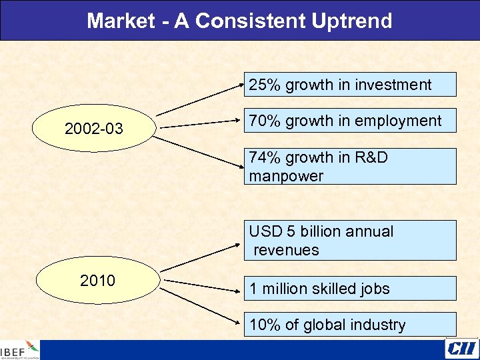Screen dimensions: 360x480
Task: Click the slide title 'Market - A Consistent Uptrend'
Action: pos(239,21)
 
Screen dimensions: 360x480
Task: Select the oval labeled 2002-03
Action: pos(94,128)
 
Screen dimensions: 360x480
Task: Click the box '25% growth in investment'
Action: pos(350,85)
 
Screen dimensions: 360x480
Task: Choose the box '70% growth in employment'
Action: pos(350,121)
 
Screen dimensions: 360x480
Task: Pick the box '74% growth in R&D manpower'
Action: pos(350,166)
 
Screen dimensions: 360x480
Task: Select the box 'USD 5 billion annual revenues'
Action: pos(350,240)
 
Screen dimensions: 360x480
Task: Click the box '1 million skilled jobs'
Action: pos(350,288)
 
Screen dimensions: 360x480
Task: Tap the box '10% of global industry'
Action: pos(350,325)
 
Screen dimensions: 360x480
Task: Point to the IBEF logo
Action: pos(20,350)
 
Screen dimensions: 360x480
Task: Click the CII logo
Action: pos(461,349)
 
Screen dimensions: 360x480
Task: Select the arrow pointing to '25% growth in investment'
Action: pos(200,99)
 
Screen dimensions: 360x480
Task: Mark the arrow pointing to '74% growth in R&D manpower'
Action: pos(200,153)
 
